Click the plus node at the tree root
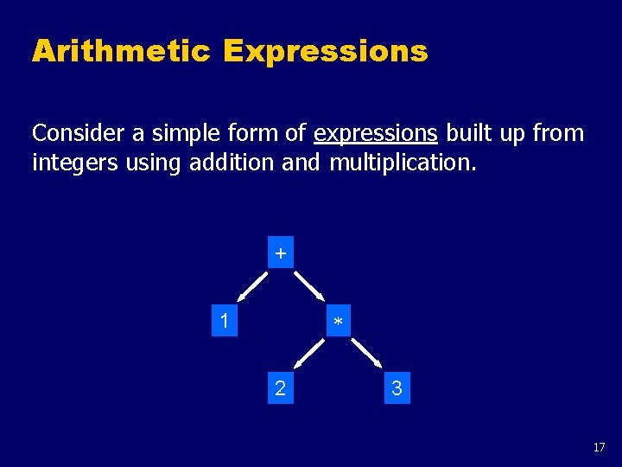pos(280,253)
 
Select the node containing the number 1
pos(225,321)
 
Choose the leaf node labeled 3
pos(397,388)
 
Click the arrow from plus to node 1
pos(252,285)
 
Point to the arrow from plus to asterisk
pos(308,285)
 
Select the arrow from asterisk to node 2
pos(309,353)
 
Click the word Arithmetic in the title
pos(121,51)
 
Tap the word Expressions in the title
pos(325,51)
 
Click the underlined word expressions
pos(376,133)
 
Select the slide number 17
pos(599,447)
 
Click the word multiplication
pos(402,162)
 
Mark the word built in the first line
pos(466,133)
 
